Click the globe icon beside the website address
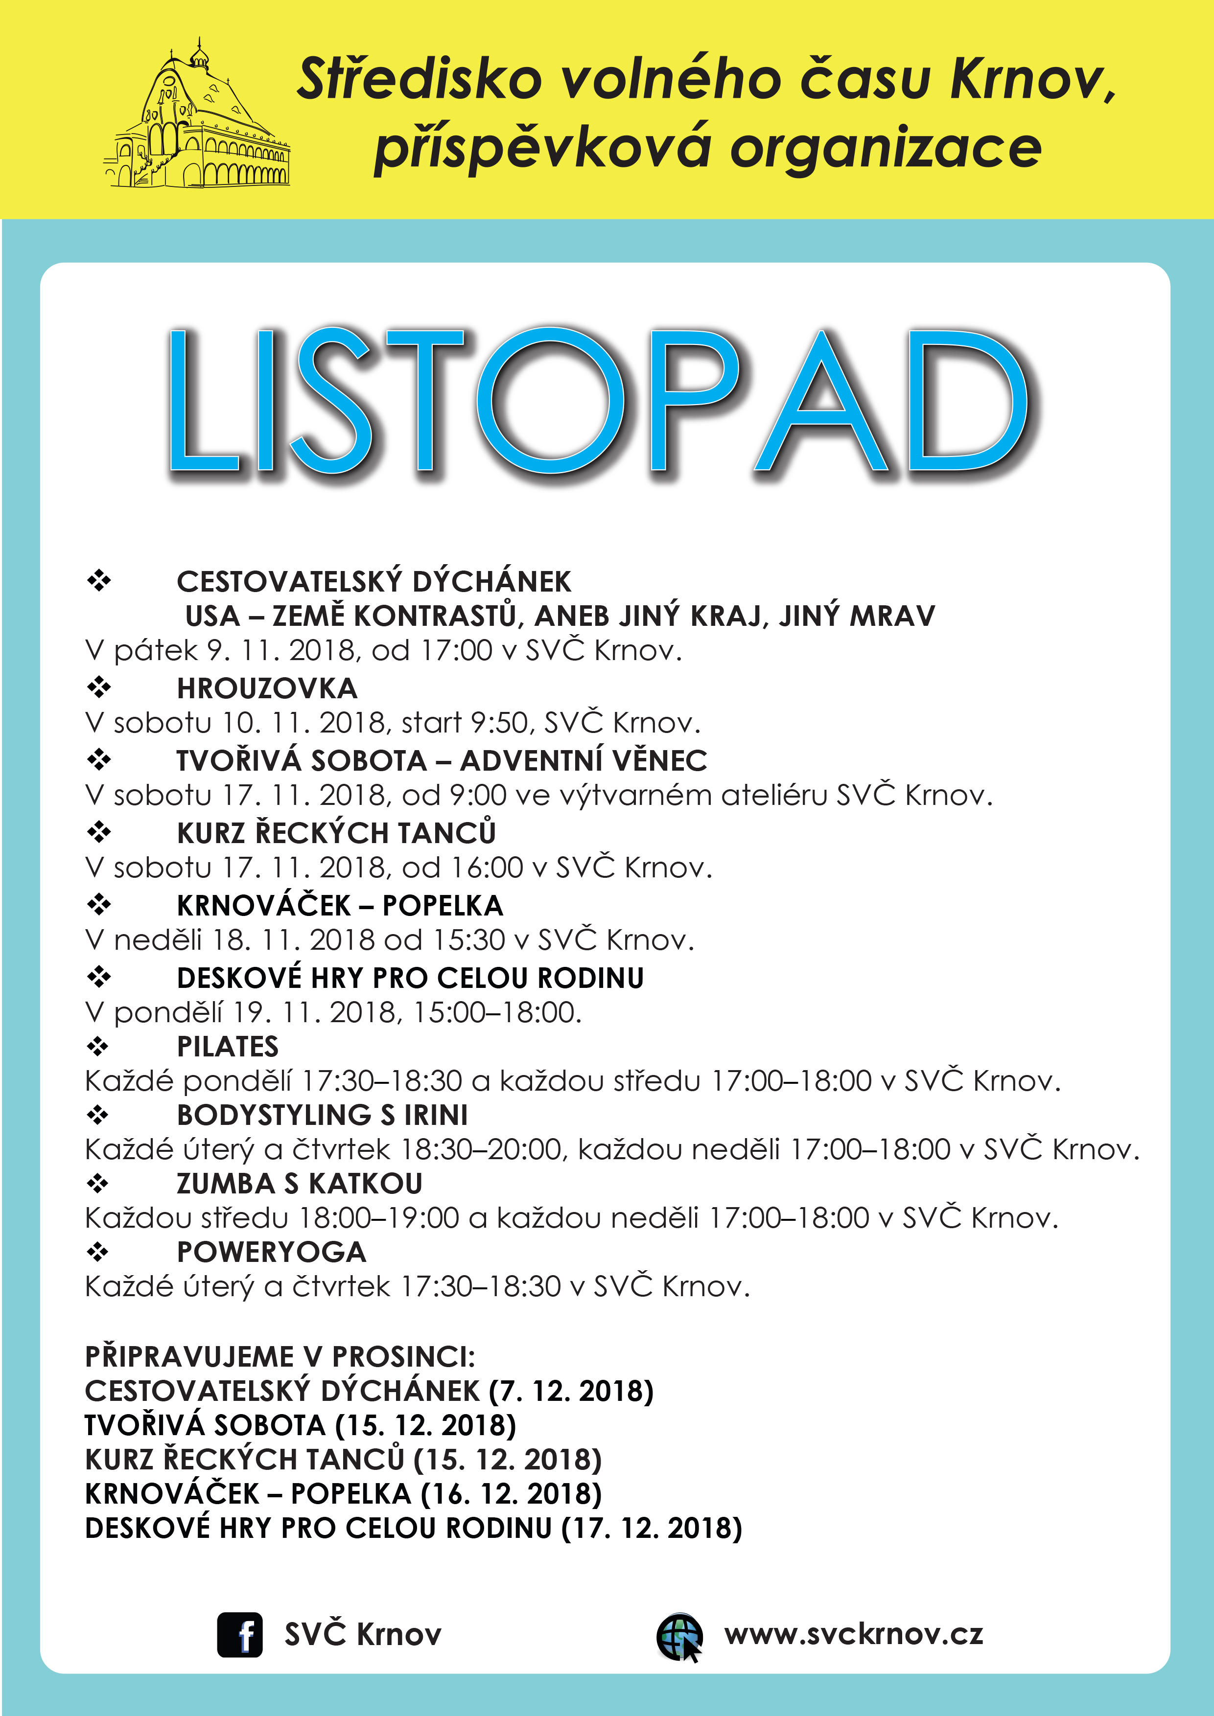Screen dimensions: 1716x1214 (x=679, y=1635)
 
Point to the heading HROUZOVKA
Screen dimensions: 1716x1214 (x=267, y=688)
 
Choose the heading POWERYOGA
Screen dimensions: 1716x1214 (x=271, y=1252)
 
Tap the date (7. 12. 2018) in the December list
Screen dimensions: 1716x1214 (x=571, y=1392)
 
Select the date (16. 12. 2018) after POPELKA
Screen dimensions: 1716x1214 (x=512, y=1494)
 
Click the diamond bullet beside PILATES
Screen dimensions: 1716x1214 (x=98, y=1046)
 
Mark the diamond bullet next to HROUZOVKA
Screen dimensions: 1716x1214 (x=98, y=687)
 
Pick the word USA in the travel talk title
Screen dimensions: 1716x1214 (x=212, y=616)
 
